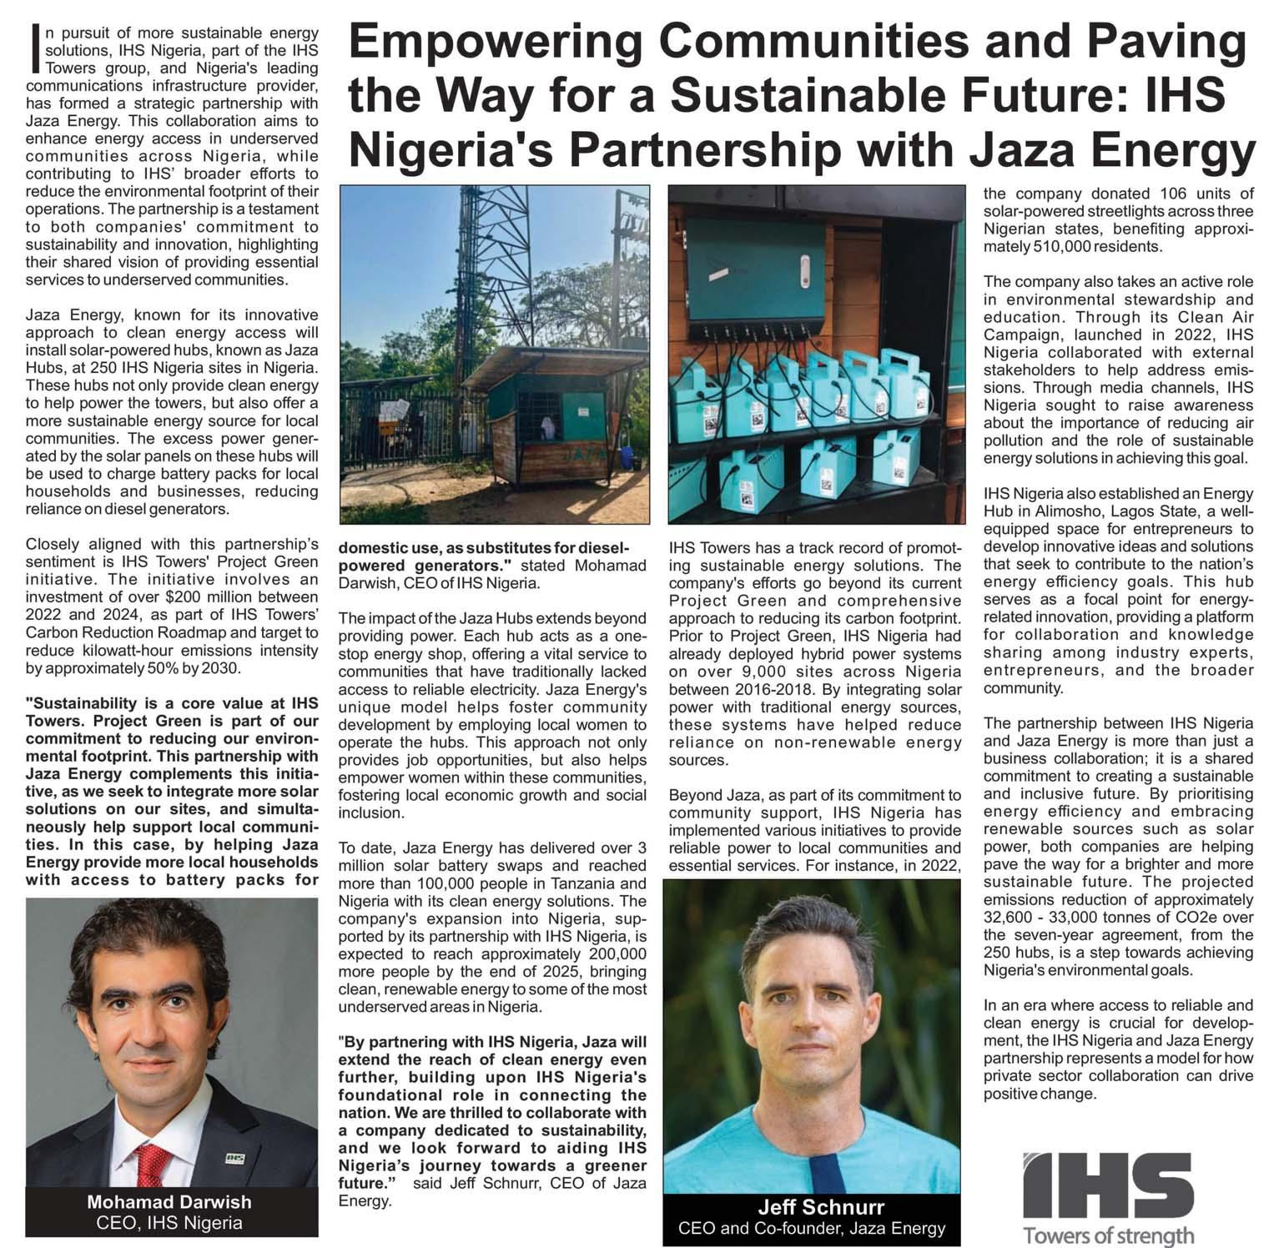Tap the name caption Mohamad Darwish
pos(169,1202)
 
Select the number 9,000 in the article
pos(744,672)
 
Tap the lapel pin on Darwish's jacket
pos(234,1158)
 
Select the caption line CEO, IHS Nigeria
pos(169,1223)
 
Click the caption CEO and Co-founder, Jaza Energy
pos(812,1228)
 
